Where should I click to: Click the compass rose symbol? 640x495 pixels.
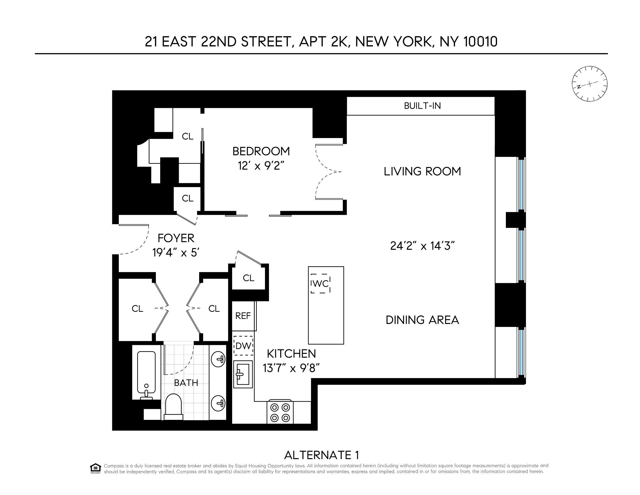[589, 84]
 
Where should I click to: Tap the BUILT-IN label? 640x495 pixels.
[422, 106]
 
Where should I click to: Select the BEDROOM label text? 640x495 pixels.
[261, 151]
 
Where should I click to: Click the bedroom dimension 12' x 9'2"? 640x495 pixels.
[261, 166]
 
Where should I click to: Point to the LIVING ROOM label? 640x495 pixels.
[422, 172]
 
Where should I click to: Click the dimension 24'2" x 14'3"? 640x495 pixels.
[422, 246]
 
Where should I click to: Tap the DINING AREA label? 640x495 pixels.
[422, 320]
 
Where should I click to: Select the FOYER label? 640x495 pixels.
[176, 238]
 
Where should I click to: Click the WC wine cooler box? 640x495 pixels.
[320, 284]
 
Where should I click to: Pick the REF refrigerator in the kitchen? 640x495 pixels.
[243, 316]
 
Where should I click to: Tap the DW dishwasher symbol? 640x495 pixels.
[243, 346]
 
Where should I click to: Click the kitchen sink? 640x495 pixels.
[243, 374]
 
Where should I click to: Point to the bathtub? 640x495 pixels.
[146, 373]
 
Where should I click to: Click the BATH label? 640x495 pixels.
[186, 383]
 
